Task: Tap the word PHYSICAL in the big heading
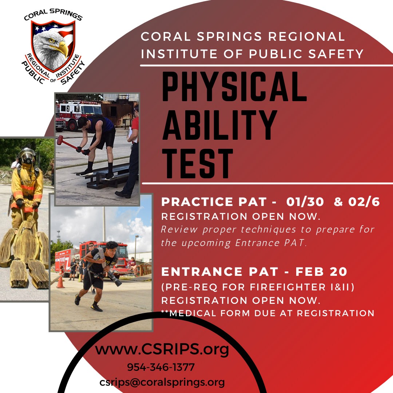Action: pos(235,87)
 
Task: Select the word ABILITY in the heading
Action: pos(219,125)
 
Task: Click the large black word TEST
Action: pos(198,163)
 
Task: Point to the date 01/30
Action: pos(305,202)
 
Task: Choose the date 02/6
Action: pos(364,202)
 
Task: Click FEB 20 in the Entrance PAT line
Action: pos(321,272)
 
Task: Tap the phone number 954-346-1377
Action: pos(161,367)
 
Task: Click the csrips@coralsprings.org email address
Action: pos(162,382)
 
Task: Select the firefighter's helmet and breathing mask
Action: pos(27,156)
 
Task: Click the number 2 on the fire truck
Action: pos(68,108)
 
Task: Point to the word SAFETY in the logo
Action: pos(73,73)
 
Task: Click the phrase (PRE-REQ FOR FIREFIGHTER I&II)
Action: pos(258,287)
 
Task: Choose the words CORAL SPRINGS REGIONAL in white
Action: pos(243,37)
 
